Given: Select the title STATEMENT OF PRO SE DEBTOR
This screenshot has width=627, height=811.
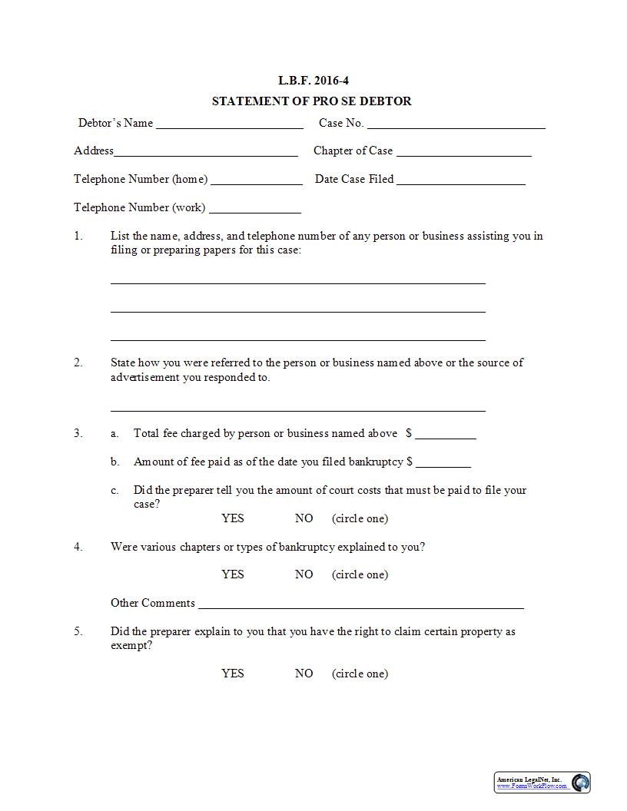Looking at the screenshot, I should [311, 101].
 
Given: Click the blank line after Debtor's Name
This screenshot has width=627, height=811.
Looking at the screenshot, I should [229, 124].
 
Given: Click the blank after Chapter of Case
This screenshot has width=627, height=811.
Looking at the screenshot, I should [463, 151].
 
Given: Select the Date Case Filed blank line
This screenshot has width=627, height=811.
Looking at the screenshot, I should [461, 180].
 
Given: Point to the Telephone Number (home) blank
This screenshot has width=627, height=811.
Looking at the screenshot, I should [257, 180].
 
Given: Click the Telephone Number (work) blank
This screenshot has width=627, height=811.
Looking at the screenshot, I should [255, 208].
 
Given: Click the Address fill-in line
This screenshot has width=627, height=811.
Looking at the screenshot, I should [206, 151].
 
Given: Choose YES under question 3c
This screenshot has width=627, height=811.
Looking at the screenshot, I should [233, 518].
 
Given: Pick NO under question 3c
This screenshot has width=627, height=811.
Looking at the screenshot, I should [304, 518].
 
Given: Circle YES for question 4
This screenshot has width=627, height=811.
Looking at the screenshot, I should [233, 574].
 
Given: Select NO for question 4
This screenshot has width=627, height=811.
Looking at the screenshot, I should [304, 574].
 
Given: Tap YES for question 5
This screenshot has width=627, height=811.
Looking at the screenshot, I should [233, 674].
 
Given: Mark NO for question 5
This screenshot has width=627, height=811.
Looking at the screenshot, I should [304, 674].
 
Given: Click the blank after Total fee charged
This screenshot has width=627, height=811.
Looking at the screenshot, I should [446, 434].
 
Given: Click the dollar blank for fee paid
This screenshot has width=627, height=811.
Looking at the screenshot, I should [443, 462].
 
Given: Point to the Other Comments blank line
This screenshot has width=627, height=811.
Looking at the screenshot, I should [361, 604].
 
